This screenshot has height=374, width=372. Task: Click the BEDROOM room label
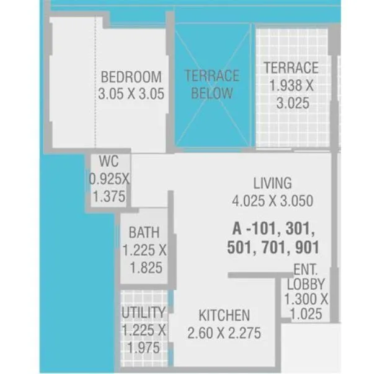tap(131, 77)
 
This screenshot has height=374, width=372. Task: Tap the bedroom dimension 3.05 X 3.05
tap(131, 94)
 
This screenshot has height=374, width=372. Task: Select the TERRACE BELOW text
tap(211, 85)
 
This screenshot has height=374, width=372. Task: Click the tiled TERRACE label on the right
tap(291, 67)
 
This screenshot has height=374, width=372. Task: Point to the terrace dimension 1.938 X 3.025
tap(291, 95)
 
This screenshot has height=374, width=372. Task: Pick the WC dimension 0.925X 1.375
tap(109, 188)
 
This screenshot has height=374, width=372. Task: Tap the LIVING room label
tap(272, 183)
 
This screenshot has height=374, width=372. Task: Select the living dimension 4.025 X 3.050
tap(272, 201)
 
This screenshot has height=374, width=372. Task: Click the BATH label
tap(144, 233)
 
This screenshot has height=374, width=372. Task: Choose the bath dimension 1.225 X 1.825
tap(144, 259)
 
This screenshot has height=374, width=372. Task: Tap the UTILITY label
tap(143, 313)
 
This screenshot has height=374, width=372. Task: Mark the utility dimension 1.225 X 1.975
tap(143, 339)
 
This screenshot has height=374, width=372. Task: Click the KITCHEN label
tap(224, 316)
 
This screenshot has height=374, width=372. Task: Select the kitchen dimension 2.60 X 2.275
tap(224, 334)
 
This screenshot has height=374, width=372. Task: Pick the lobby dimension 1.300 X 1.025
tap(306, 307)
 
